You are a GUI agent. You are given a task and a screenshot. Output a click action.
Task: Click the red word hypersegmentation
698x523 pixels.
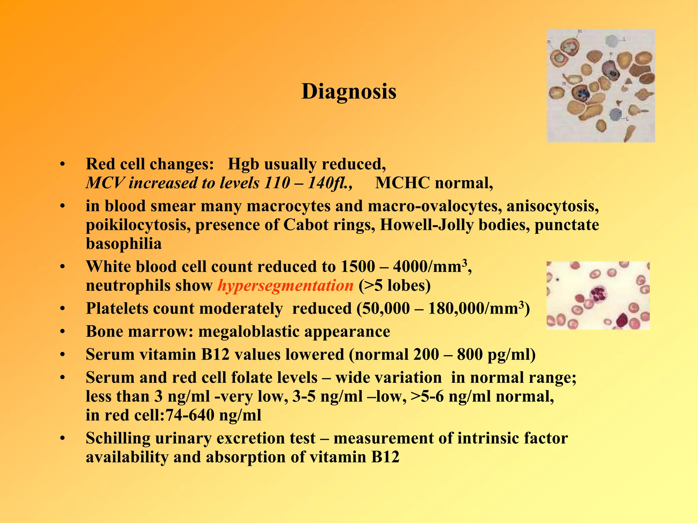(x=285, y=285)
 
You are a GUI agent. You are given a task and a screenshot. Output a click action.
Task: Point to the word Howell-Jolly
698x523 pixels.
(x=426, y=225)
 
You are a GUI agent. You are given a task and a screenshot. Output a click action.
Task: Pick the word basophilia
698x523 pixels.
(x=124, y=244)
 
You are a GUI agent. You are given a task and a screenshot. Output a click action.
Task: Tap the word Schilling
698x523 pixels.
(x=118, y=438)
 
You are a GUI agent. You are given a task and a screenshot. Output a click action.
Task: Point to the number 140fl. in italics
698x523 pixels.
(x=330, y=183)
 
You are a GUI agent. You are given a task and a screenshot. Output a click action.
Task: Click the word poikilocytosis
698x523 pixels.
(x=138, y=225)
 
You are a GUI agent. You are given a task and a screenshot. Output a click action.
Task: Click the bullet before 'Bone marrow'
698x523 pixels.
(x=62, y=332)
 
